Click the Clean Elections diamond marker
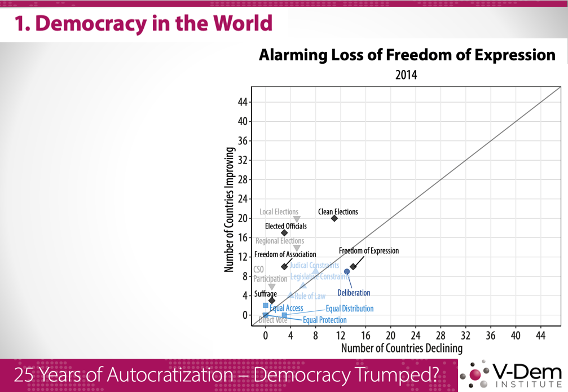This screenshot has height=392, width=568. [x=334, y=218]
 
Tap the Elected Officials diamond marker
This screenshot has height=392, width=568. [x=284, y=233]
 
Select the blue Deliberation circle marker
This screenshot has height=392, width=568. [x=347, y=272]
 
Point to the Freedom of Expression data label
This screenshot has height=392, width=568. [x=368, y=251]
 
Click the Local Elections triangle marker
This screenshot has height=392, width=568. [x=297, y=219]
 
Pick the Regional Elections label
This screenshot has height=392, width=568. [x=280, y=241]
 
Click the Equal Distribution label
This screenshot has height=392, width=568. [x=349, y=309]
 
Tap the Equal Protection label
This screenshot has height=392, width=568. [x=325, y=320]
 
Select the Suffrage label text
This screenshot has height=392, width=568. [x=265, y=294]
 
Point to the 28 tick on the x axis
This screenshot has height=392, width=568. [x=440, y=335]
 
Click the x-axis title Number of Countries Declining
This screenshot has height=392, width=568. [x=402, y=349]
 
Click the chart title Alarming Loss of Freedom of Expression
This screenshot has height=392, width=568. [x=407, y=55]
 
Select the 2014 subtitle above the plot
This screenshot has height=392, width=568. [x=406, y=74]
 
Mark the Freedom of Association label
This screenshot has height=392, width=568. [x=285, y=254]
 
